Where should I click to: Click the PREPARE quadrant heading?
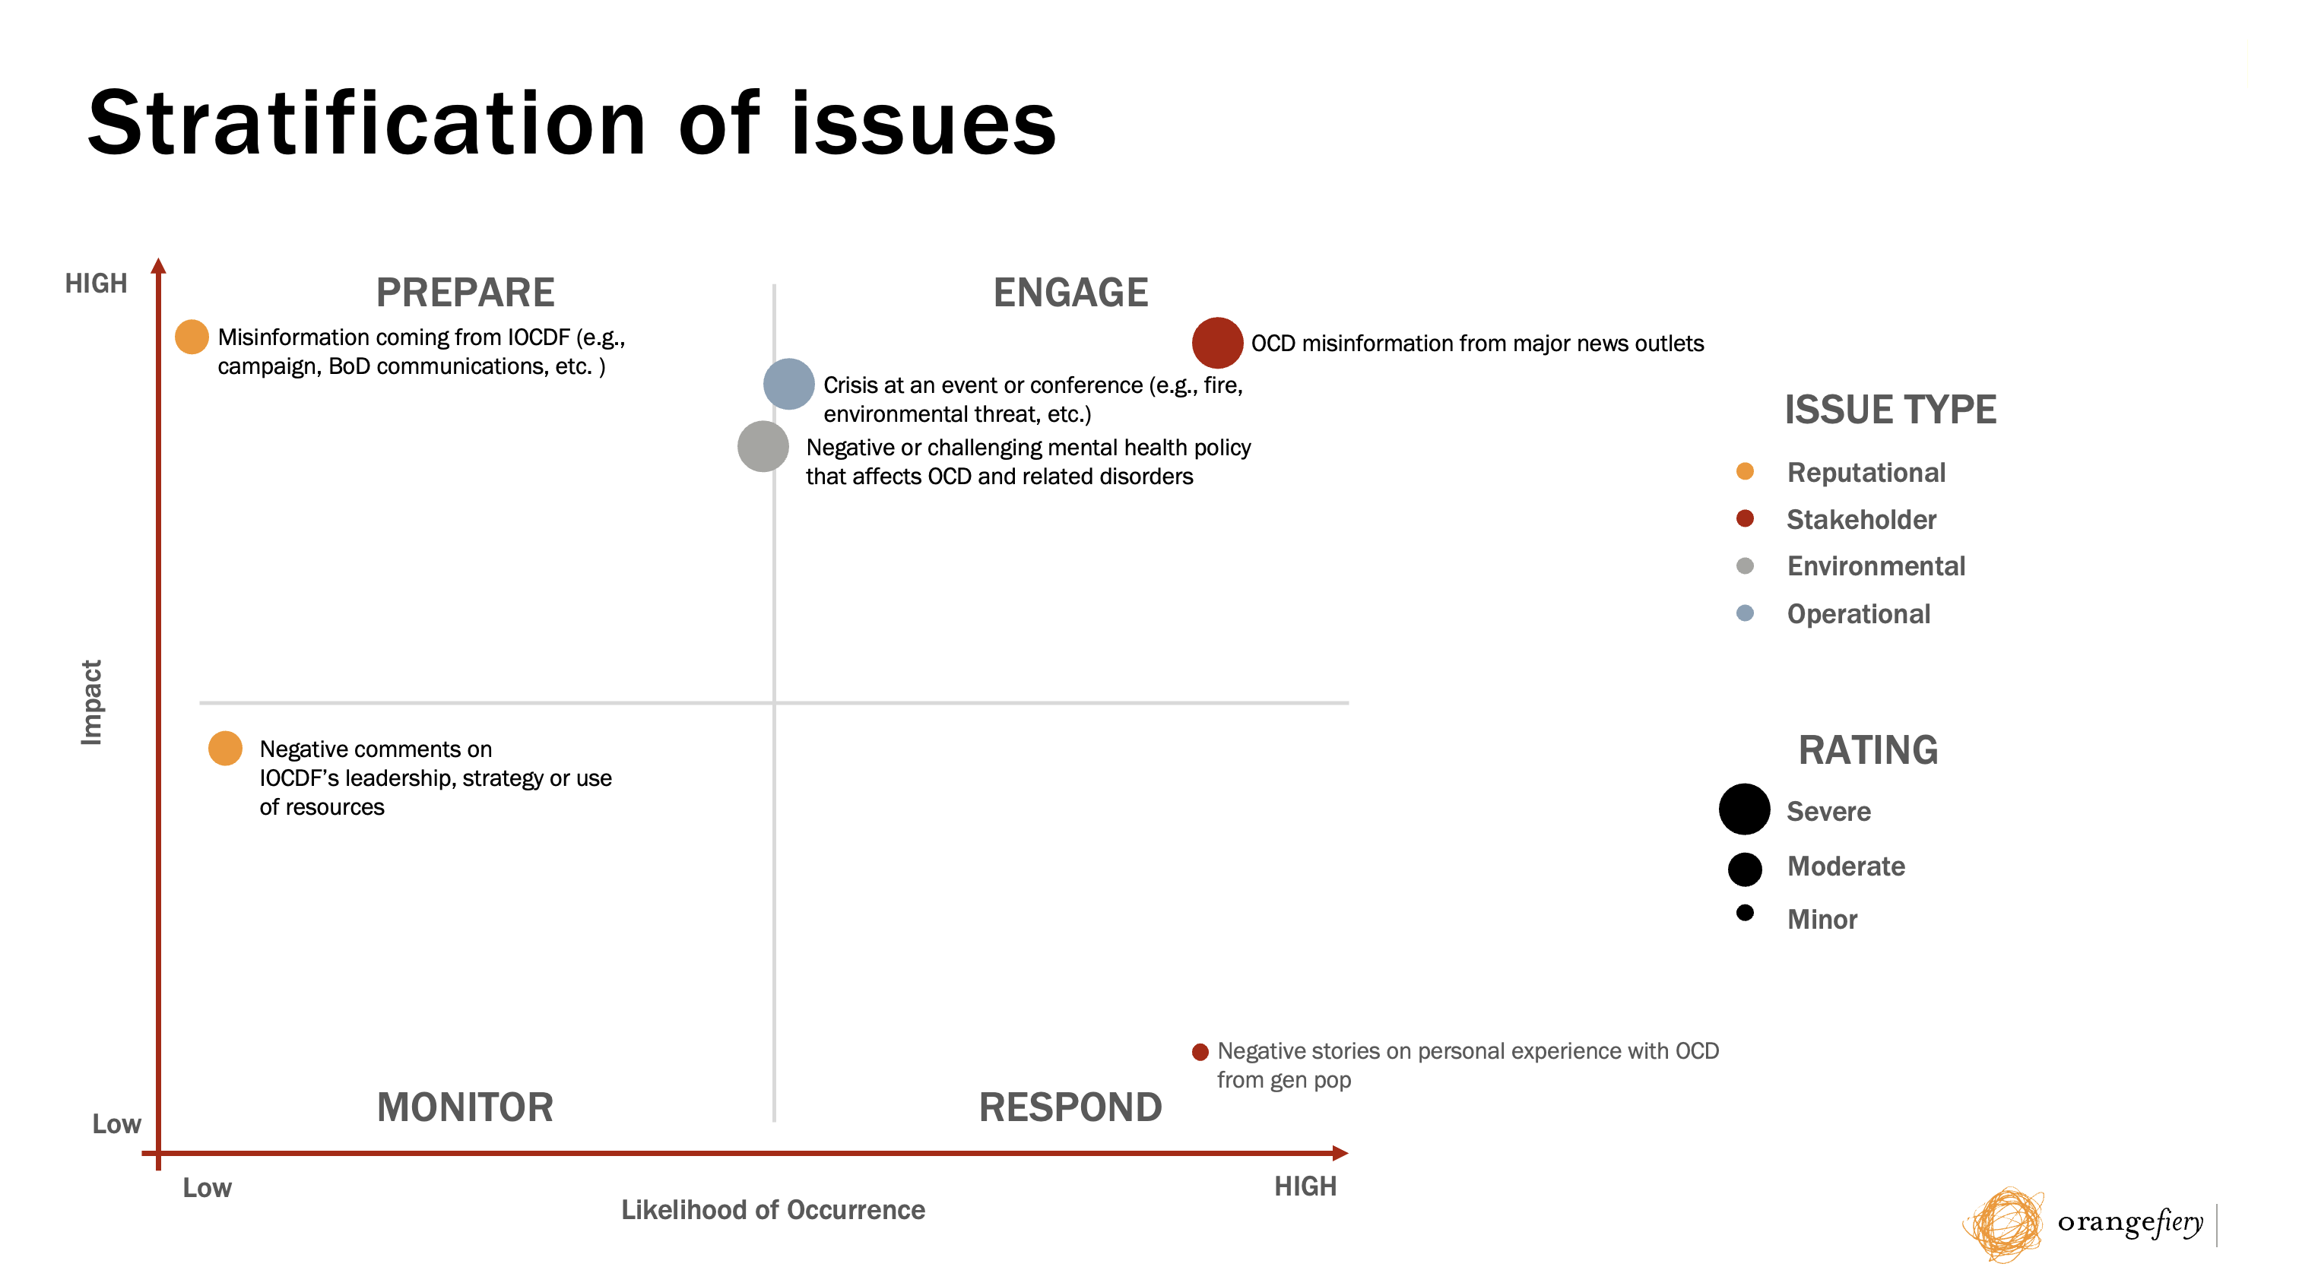point(465,293)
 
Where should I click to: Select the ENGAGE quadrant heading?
point(1070,293)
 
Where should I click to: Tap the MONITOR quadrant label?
point(465,1107)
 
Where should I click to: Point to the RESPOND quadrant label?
point(1070,1107)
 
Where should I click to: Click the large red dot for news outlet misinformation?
point(1217,343)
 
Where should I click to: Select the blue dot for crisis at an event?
point(789,384)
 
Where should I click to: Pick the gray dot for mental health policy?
point(763,446)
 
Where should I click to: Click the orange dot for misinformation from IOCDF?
point(192,337)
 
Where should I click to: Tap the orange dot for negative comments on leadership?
point(225,748)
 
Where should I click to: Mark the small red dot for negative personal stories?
point(1200,1052)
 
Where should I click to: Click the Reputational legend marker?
point(1745,471)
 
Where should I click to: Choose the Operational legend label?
point(1858,614)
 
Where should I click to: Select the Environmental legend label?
point(1876,565)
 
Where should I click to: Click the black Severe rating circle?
point(1744,809)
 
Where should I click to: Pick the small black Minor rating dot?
point(1745,913)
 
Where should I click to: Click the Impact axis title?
point(92,702)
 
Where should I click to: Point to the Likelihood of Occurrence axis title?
point(773,1210)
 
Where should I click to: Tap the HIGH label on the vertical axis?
point(97,283)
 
